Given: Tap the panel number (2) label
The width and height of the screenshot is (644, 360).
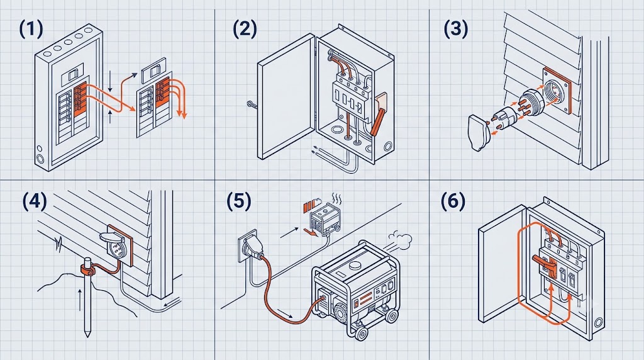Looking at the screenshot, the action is tap(245, 29).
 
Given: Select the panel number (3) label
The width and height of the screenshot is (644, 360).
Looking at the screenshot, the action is tap(456, 29).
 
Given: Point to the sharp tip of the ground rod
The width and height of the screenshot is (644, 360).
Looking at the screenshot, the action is tap(87, 337).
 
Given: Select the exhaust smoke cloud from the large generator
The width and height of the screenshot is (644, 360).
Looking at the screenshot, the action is tap(399, 239).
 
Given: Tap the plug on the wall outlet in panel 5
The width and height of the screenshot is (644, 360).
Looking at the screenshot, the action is tap(252, 248).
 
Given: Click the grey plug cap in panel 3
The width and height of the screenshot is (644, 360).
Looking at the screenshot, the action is tap(479, 133).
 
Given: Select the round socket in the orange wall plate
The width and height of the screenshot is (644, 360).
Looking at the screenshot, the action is tap(554, 91).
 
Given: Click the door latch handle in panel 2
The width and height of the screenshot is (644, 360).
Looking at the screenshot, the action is tap(252, 104).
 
